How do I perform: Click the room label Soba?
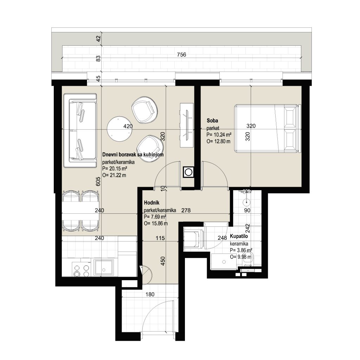(x=212, y=121)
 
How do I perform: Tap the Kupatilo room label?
(x=239, y=236)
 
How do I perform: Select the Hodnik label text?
(x=152, y=203)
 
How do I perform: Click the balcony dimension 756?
(x=181, y=54)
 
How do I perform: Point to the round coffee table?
(x=120, y=129)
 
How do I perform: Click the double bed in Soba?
(x=268, y=128)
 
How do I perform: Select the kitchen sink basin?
(x=103, y=268)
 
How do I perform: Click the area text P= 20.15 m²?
(x=115, y=169)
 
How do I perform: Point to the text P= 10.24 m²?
(x=219, y=135)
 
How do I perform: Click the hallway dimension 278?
(x=186, y=210)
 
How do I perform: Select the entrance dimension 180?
(x=150, y=294)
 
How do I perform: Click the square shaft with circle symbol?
(x=188, y=172)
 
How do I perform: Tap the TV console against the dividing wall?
(x=187, y=125)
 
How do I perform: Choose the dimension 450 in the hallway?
(x=163, y=261)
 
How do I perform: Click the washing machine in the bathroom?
(x=194, y=238)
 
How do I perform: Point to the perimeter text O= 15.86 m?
(x=156, y=223)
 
